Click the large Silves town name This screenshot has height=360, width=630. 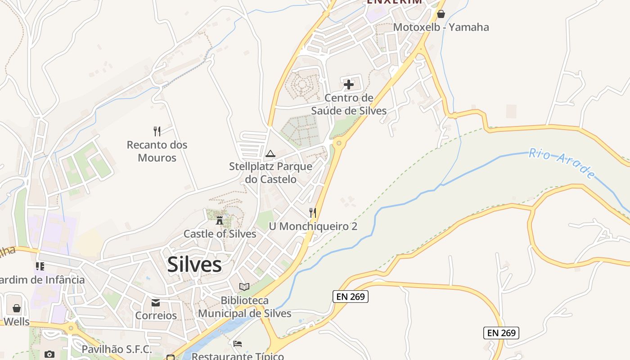(194, 265)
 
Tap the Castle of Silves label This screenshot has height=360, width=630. (220, 234)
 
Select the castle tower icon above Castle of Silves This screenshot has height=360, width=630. (220, 220)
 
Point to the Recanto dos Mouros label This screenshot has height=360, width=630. (157, 151)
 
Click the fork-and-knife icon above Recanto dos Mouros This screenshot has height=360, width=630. (157, 131)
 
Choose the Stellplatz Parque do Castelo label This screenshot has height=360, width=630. (270, 173)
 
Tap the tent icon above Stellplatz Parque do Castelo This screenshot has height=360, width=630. (270, 154)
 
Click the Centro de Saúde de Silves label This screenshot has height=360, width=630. (349, 104)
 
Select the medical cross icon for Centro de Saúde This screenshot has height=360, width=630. (348, 84)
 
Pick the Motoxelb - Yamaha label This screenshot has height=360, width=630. (441, 27)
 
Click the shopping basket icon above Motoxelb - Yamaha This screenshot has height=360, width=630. (441, 14)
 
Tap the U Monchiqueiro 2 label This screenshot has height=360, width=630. (313, 226)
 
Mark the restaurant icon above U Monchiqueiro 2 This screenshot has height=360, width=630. (313, 212)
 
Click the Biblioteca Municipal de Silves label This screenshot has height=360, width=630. (245, 307)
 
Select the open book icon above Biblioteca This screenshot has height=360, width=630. (244, 287)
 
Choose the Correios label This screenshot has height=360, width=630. (156, 315)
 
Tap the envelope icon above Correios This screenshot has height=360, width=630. (156, 303)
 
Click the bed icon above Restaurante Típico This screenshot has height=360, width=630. (238, 344)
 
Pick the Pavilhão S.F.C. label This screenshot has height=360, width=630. (117, 349)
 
